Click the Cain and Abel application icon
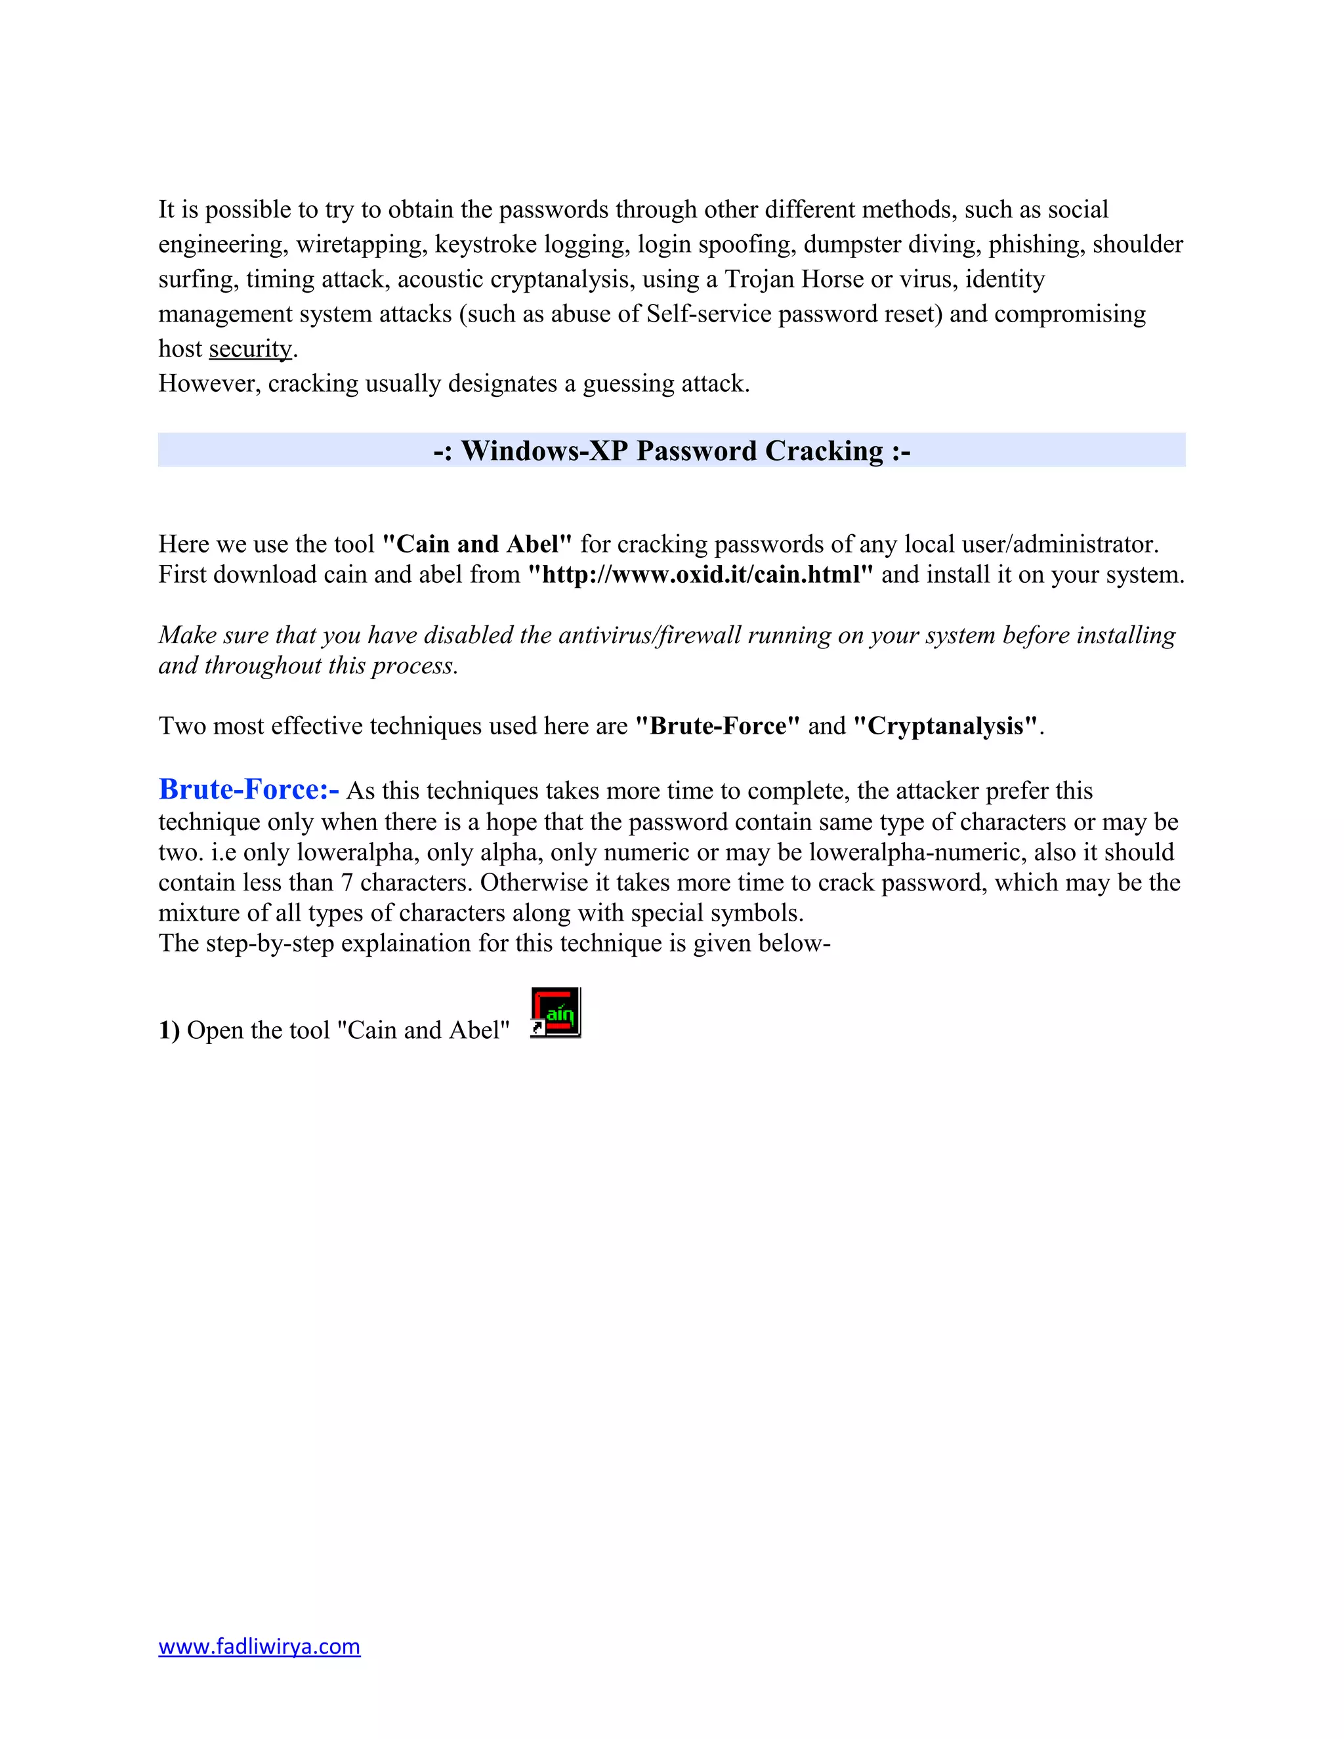[x=556, y=1012]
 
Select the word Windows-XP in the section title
[x=545, y=451]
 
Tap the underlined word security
[x=250, y=348]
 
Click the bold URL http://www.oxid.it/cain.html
[x=701, y=574]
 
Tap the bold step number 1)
[x=169, y=1030]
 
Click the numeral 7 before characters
[x=346, y=882]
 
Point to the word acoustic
[x=440, y=279]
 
